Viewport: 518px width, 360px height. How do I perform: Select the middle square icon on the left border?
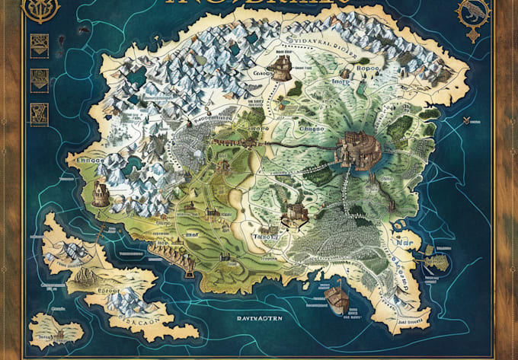tap(36, 78)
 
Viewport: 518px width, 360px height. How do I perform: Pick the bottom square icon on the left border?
tap(36, 114)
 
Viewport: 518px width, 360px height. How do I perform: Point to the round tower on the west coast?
tap(100, 193)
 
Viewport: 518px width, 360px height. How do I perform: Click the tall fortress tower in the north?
tap(283, 66)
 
